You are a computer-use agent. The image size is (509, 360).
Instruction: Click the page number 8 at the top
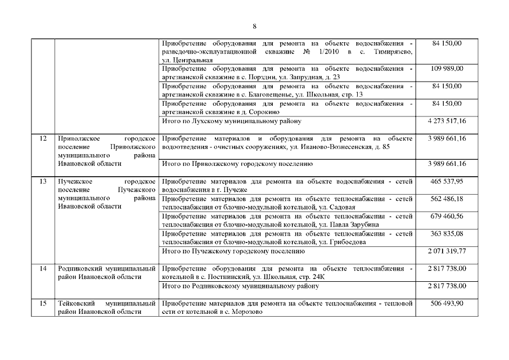[254, 26]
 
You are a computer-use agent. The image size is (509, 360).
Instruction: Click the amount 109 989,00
[447, 69]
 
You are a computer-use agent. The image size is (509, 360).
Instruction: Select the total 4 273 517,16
[447, 121]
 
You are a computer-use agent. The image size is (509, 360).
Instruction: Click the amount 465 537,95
[447, 182]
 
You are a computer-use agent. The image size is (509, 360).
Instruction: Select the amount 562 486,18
[447, 199]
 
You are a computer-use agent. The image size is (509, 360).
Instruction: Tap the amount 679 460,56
[447, 217]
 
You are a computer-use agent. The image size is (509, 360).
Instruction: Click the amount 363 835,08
[447, 234]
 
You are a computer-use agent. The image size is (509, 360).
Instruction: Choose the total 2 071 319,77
[447, 251]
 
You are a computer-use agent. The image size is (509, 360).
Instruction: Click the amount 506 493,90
[447, 303]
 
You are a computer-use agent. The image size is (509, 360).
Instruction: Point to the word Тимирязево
[391, 52]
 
